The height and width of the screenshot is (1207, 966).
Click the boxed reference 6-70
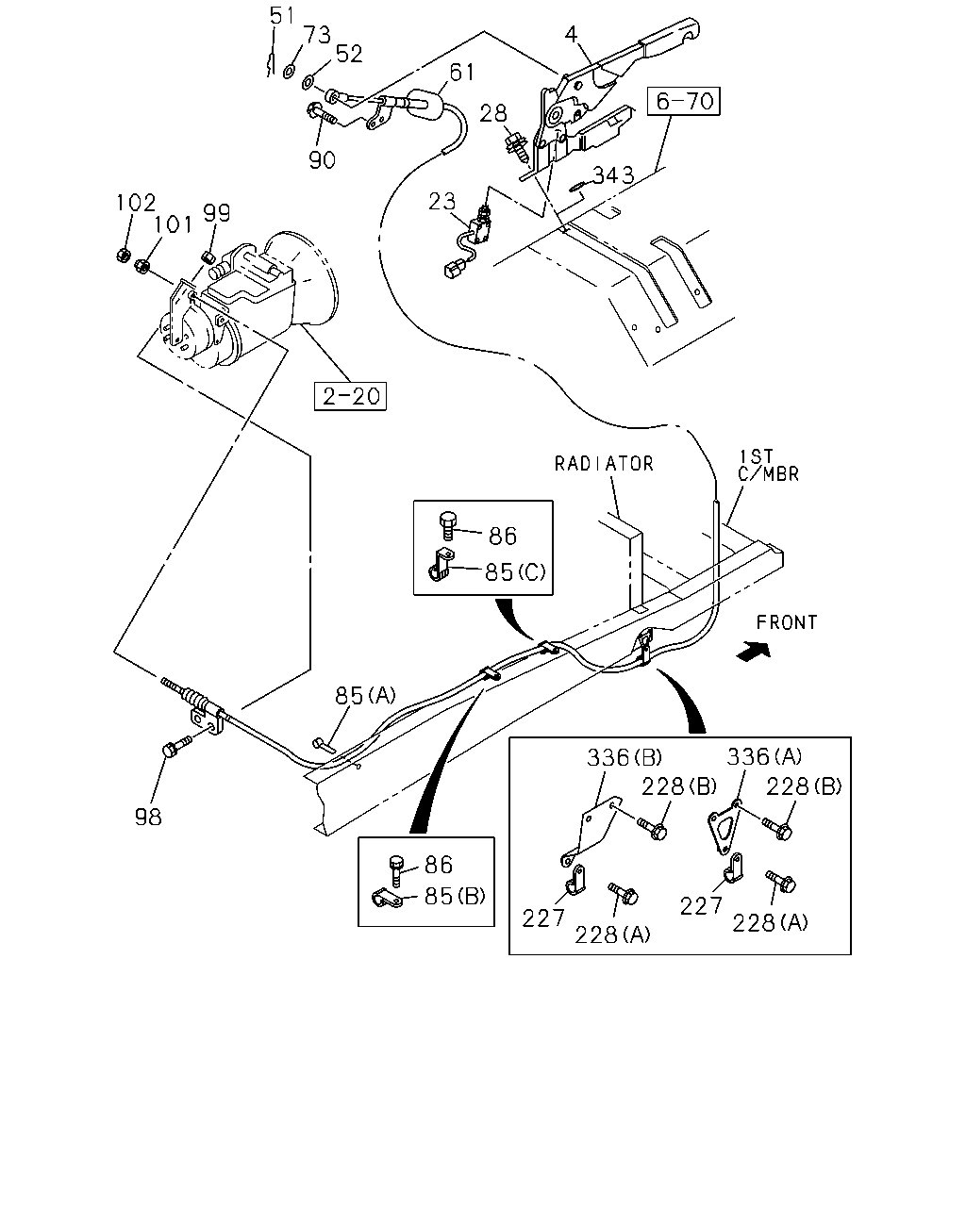coord(683,102)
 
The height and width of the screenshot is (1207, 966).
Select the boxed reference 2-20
coord(350,396)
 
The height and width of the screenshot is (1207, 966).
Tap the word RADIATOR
coord(604,464)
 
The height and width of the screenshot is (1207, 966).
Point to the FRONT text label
coord(787,622)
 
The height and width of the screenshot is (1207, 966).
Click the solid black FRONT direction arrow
coord(754,652)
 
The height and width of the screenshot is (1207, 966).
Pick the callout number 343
coord(613,175)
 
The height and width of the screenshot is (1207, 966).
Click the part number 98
coord(148,818)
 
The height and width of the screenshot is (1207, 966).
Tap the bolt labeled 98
coord(175,747)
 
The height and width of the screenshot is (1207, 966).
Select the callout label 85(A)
coord(365,696)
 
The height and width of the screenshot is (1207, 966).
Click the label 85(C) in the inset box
coord(515,572)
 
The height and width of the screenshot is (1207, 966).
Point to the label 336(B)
coord(625,757)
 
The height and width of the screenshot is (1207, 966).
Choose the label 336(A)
coord(764,756)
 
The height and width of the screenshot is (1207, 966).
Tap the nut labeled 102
coord(123,256)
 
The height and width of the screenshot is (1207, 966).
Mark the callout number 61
coord(462,73)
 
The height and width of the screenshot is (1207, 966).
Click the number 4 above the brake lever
coord(571,35)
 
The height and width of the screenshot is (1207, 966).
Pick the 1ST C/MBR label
coord(768,466)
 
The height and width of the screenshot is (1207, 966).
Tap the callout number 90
coord(323,160)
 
